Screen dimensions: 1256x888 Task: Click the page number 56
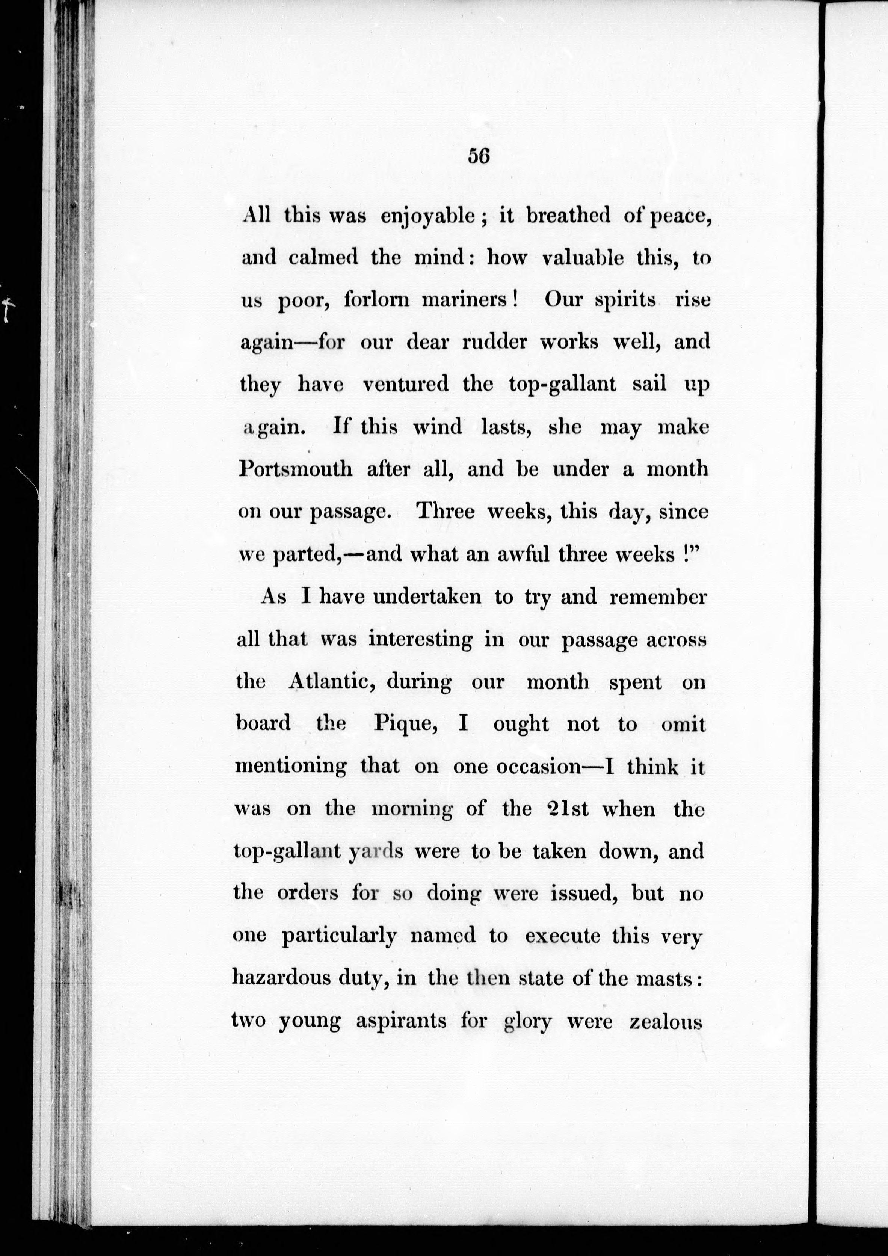point(478,157)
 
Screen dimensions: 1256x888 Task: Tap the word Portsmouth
point(296,469)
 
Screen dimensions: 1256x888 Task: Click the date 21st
point(567,809)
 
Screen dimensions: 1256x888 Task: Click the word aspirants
point(401,1021)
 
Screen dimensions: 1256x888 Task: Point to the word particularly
point(339,936)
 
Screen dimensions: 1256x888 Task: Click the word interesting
point(420,640)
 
